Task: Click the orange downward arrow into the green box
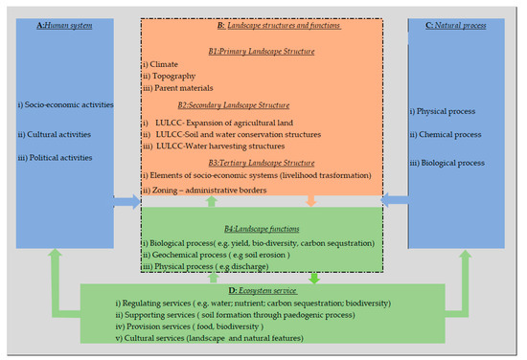311,201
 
